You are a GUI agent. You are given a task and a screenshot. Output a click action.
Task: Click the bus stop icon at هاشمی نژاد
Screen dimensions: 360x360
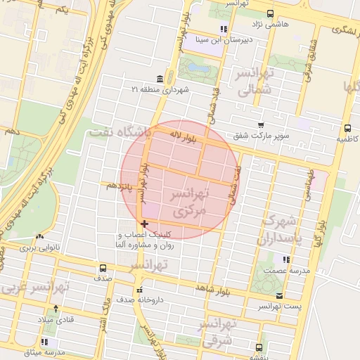[271, 13]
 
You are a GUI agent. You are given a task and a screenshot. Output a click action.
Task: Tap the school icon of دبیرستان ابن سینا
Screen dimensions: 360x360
[223, 29]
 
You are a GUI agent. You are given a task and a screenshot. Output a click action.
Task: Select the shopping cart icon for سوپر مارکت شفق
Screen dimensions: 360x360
[261, 124]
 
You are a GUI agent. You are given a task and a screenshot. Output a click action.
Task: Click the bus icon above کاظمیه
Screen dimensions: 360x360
[347, 128]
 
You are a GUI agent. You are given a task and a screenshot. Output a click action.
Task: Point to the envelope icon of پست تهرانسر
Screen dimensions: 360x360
[281, 296]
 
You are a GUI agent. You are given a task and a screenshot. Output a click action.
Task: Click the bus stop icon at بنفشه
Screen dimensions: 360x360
[259, 347]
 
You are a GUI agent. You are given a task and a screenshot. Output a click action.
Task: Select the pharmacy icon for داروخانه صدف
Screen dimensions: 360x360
[139, 290]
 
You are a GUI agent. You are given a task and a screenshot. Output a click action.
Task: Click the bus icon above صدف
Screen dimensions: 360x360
[103, 268]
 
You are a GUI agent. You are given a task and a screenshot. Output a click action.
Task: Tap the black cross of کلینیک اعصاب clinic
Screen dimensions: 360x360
[144, 224]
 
